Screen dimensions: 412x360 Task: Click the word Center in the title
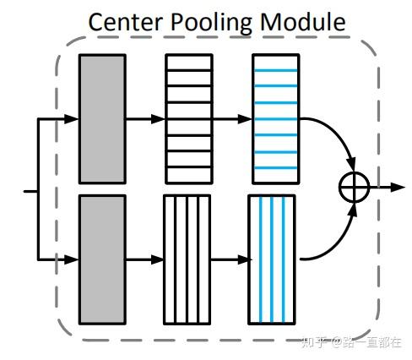click(126, 22)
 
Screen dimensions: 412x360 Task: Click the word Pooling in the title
click(211, 24)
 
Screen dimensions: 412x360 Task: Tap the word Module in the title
click(303, 22)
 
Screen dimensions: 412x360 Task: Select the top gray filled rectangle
click(102, 119)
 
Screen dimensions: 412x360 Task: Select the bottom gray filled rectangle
click(102, 259)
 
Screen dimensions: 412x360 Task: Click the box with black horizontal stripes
click(189, 119)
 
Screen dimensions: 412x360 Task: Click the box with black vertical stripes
click(187, 259)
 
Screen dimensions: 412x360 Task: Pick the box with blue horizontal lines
click(276, 119)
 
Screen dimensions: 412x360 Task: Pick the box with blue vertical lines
click(272, 259)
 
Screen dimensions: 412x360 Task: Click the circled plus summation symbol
click(354, 187)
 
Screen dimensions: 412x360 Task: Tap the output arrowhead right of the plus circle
click(398, 187)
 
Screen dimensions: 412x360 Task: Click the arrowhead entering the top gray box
click(72, 119)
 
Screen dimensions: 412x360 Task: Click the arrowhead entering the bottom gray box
click(72, 259)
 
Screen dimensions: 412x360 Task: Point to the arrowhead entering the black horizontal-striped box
click(158, 119)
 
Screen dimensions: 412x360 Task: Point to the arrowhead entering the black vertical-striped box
click(157, 259)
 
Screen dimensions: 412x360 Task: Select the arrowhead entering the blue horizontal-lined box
click(245, 119)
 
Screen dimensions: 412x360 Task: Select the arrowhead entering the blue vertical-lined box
click(244, 259)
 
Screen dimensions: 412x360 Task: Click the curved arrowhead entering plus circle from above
click(351, 165)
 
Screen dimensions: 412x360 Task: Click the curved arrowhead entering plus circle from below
click(353, 210)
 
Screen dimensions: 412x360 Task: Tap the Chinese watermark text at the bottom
click(352, 342)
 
